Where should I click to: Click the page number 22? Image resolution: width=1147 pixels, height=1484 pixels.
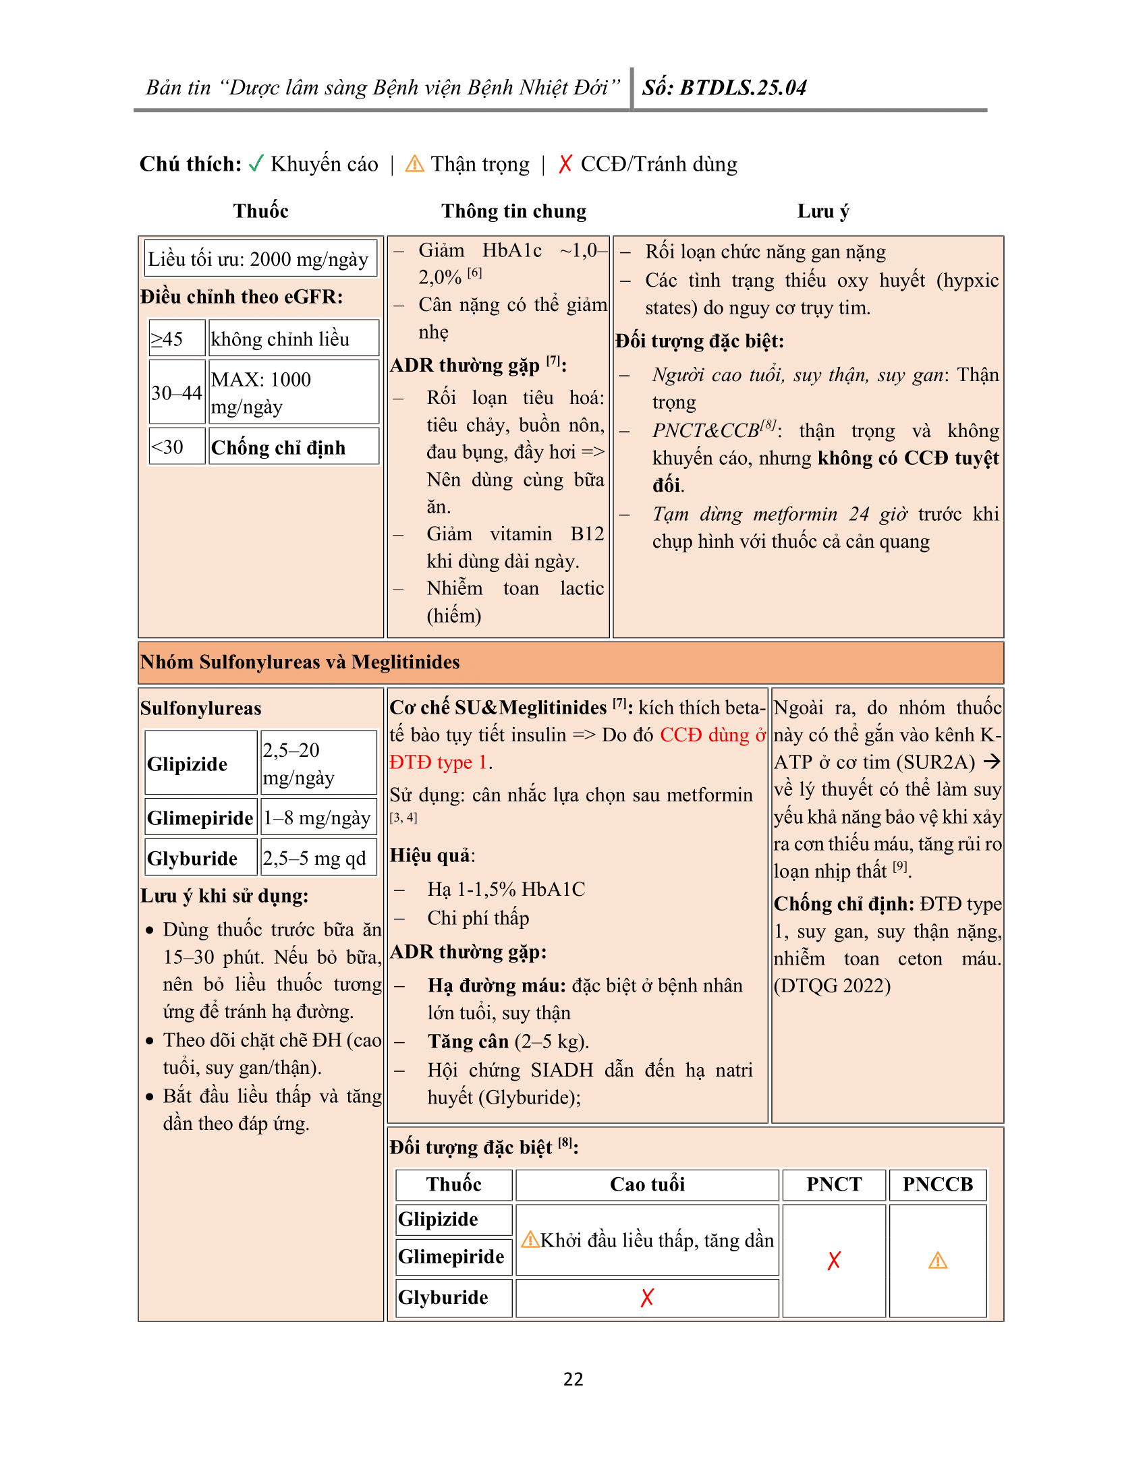click(573, 1379)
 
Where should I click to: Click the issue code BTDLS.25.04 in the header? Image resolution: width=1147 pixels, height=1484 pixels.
click(743, 88)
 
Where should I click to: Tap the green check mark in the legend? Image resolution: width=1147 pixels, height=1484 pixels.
click(256, 164)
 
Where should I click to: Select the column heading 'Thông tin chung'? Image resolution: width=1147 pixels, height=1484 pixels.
click(513, 211)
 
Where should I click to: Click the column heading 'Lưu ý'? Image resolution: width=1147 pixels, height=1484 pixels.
click(823, 211)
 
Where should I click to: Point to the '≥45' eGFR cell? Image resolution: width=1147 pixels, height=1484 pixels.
click(177, 339)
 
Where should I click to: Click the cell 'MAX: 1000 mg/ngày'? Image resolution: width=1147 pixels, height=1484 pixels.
click(293, 393)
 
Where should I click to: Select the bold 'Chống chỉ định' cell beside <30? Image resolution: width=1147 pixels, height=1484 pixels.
click(293, 447)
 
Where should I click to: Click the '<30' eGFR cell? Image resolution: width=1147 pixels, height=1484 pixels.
click(177, 447)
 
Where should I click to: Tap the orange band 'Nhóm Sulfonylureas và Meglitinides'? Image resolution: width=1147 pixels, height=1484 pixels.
click(571, 662)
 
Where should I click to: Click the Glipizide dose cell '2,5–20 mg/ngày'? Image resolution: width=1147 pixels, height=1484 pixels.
click(318, 763)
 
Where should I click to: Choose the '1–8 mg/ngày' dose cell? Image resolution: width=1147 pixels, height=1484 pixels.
click(318, 818)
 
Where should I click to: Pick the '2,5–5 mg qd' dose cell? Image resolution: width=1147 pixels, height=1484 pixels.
click(318, 858)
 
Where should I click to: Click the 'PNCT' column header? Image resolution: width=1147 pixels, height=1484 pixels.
click(834, 1185)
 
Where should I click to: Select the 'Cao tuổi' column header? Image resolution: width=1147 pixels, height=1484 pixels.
click(647, 1185)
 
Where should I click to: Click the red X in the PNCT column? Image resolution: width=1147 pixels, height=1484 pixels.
click(834, 1261)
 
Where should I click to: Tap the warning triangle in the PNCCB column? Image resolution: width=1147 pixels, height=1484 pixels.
click(938, 1261)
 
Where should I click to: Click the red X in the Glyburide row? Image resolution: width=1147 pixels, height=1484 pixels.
click(647, 1297)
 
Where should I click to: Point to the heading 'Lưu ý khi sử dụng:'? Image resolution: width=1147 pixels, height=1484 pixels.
click(224, 896)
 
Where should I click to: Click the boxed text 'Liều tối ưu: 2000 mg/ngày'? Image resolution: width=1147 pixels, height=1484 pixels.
click(260, 259)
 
